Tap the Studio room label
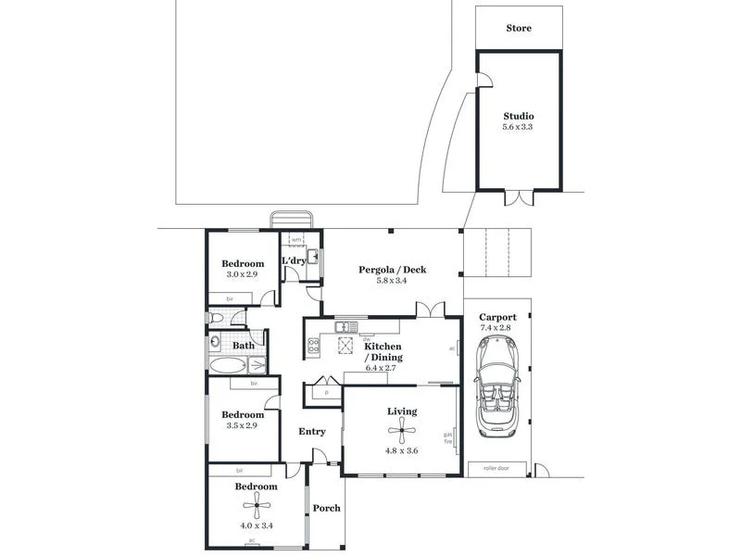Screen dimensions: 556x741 [519, 116]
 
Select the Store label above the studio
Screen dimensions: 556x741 [519, 28]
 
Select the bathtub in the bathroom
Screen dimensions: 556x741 [226, 365]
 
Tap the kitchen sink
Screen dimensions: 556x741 [345, 326]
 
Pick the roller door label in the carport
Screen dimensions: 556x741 [497, 469]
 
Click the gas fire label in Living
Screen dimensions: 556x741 [448, 438]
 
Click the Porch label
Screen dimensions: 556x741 [326, 508]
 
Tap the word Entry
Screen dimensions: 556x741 [311, 431]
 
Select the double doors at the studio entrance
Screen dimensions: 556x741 [519, 198]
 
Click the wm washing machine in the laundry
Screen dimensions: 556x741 [296, 241]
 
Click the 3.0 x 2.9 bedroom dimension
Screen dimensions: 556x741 [244, 274]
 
